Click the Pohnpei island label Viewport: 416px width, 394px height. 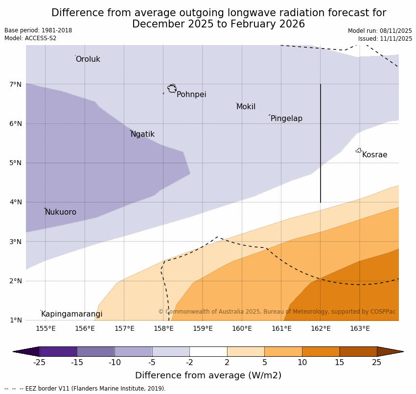(x=191, y=95)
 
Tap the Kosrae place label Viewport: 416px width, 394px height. (x=374, y=155)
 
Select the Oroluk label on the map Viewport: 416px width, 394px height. (x=88, y=59)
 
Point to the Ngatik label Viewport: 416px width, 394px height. (x=142, y=134)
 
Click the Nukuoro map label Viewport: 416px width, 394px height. (x=61, y=212)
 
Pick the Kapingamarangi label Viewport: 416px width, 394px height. (x=71, y=314)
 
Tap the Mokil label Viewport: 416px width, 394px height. (x=246, y=107)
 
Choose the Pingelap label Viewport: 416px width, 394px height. (x=286, y=119)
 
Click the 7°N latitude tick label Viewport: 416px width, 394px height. (x=16, y=84)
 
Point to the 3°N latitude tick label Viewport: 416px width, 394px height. (x=16, y=242)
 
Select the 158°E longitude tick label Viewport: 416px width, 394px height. (x=163, y=328)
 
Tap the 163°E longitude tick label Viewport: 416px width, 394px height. (x=360, y=328)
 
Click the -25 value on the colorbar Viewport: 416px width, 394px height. (x=39, y=363)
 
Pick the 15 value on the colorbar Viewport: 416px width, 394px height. (x=340, y=363)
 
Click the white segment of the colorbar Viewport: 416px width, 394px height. (x=208, y=351)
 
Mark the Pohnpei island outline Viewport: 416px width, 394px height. (x=172, y=89)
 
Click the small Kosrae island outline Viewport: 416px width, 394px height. (x=359, y=150)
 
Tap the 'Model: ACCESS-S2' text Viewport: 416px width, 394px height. (x=30, y=38)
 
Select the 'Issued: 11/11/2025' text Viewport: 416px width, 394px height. (x=385, y=39)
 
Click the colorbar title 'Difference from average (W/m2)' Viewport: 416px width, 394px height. (x=208, y=376)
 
